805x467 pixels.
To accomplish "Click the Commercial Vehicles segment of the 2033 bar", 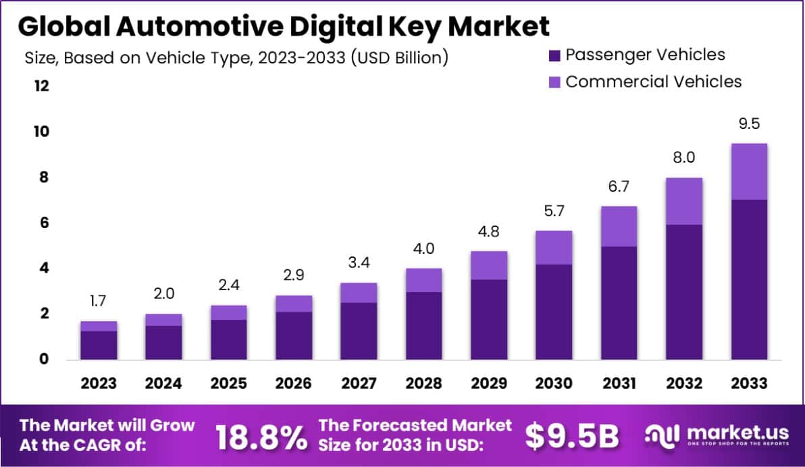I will pos(749,171).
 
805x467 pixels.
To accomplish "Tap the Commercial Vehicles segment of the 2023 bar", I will pos(99,326).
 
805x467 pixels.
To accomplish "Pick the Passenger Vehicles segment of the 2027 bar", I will pos(359,331).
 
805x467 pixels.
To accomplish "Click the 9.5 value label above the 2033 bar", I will pos(749,124).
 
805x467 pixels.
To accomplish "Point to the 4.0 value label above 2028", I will pos(423,248).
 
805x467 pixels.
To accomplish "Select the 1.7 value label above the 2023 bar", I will pos(99,301).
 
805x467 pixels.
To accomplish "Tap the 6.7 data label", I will pos(619,186).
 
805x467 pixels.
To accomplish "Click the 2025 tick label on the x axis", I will pos(228,383).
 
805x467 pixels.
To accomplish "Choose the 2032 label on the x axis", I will pos(683,383).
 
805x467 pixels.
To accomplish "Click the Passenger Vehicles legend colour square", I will pos(555,55).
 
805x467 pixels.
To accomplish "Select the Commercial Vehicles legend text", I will pos(653,82).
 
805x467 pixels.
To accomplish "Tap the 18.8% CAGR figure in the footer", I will pos(261,437).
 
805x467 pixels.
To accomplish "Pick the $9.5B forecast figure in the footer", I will pos(571,437).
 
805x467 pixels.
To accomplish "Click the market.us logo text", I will pos(733,433).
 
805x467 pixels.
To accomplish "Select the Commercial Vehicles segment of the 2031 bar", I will pos(619,226).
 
